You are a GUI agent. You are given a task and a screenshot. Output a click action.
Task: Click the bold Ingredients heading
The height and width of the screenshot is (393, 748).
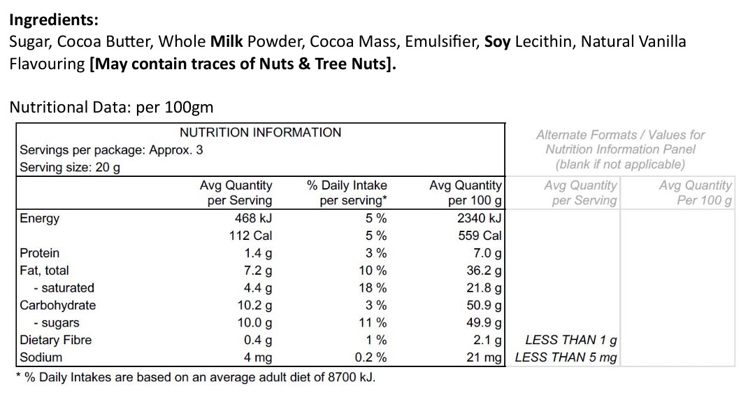coord(54,19)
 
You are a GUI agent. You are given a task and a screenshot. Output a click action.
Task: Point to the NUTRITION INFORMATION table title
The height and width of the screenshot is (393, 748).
coord(260,132)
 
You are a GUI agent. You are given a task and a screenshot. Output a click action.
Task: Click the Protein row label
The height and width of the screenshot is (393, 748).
coord(40,253)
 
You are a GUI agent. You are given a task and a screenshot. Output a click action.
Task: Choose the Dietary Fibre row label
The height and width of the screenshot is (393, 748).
coord(55,340)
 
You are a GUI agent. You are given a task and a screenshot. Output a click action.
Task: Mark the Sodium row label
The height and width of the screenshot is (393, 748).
coord(41,357)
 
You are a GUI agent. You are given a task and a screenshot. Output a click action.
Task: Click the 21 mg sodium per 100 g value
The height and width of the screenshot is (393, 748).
coord(484,357)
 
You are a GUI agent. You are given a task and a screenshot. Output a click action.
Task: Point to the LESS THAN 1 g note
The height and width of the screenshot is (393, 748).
coord(570,340)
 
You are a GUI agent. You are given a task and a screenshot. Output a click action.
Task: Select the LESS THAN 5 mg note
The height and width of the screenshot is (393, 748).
coord(566,357)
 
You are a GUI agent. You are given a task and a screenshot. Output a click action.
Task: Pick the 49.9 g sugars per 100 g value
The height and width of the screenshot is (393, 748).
coord(484,322)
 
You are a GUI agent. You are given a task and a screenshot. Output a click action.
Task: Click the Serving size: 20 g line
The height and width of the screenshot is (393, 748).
coord(70,167)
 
